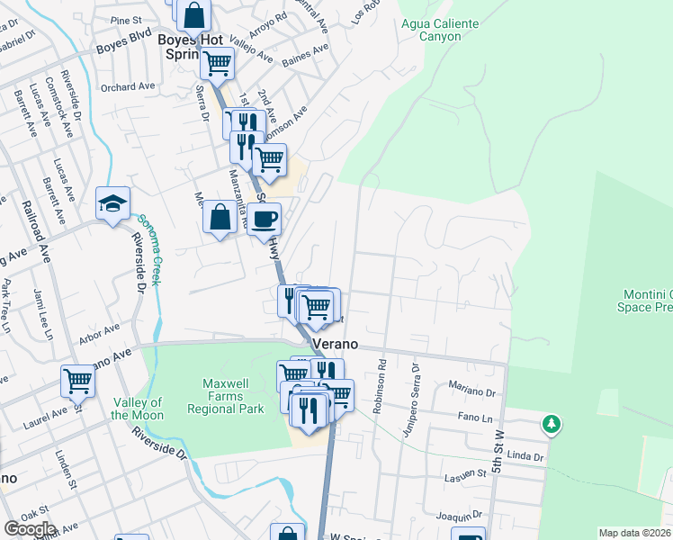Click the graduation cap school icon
[x=113, y=203]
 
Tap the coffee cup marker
[x=265, y=219]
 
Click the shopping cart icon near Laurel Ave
[x=77, y=381]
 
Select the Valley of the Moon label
[x=138, y=409]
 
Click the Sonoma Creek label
[x=150, y=249]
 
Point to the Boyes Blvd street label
[x=124, y=40]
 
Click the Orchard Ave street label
[x=129, y=87]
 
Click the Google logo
[x=29, y=528]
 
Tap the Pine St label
[x=127, y=19]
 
